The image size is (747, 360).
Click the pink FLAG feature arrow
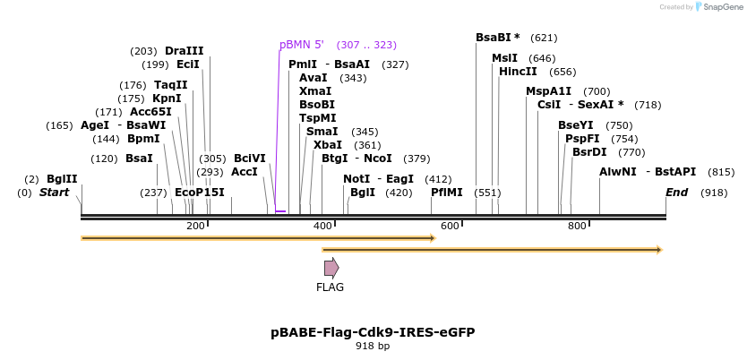[x=331, y=267]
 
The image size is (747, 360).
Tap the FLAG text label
[x=330, y=287]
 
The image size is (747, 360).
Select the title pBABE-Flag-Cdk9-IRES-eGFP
[x=373, y=332]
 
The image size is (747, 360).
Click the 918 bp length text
[x=373, y=346]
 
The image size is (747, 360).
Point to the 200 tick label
[x=195, y=227]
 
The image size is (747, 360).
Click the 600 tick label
[x=450, y=227]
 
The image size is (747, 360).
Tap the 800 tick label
[x=577, y=227]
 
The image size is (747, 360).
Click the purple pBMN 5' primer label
[x=301, y=45]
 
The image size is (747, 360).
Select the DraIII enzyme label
[x=184, y=51]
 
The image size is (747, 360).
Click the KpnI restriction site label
[x=167, y=99]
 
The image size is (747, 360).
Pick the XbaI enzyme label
[x=328, y=145]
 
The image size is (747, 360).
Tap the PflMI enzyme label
[x=447, y=193]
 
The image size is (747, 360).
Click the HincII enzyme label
[x=518, y=72]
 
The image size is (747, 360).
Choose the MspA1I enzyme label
[x=548, y=91]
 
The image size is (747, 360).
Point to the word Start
[x=54, y=193]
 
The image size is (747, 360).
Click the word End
[x=676, y=193]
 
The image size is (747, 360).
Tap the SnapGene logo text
[x=720, y=7]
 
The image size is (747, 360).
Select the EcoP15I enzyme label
[x=200, y=193]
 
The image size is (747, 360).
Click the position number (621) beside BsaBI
[x=544, y=39]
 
